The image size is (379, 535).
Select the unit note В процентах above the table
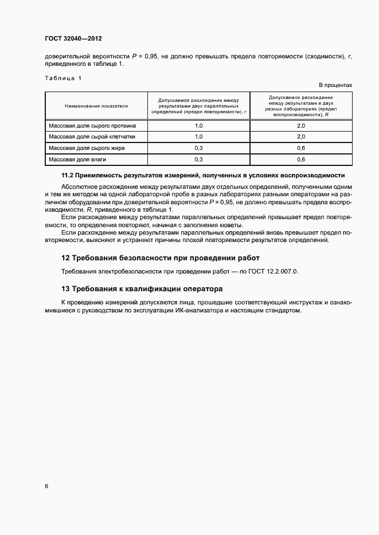click(335, 85)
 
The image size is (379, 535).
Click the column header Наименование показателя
click(96, 106)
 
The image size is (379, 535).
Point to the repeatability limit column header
click(198, 106)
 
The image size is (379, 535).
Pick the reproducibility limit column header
click(300, 106)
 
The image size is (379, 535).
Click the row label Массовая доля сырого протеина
click(92, 125)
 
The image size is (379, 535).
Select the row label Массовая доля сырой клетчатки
click(92, 137)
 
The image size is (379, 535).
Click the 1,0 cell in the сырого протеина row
click(198, 125)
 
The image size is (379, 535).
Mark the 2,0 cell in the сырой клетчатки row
click(300, 137)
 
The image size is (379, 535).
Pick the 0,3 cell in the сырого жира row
click(198, 148)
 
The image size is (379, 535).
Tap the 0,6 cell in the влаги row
click(300, 160)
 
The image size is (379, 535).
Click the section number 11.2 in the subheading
click(68, 175)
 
